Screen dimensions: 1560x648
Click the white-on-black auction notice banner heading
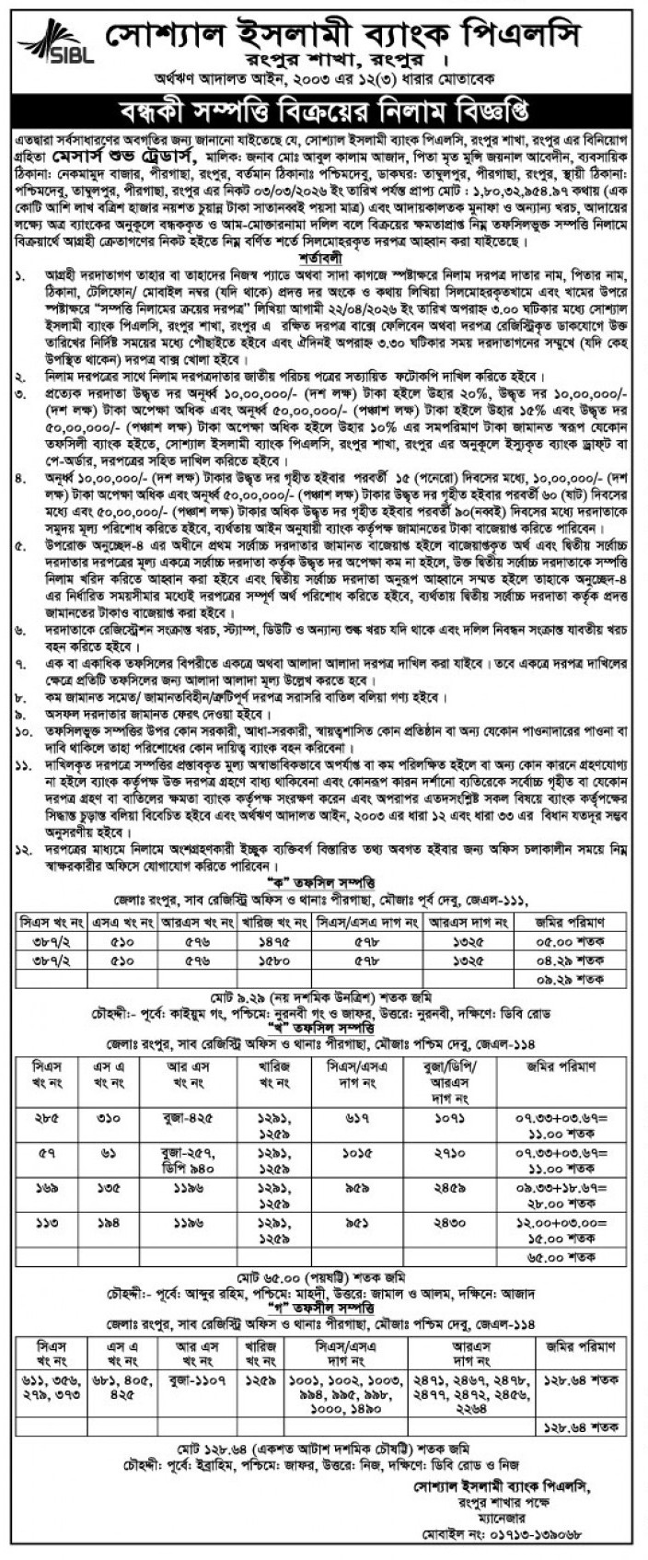(x=324, y=114)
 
